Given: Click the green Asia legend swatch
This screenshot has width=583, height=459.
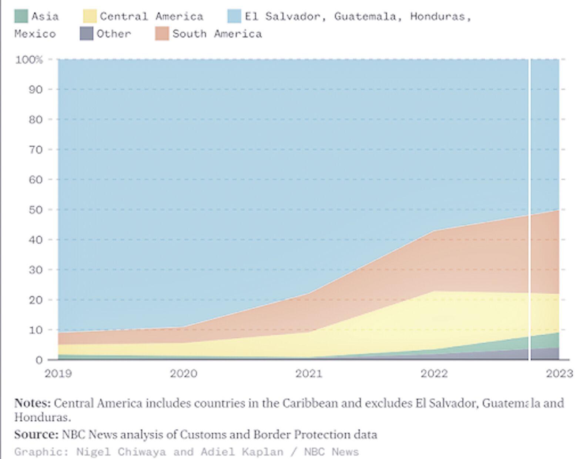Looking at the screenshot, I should coord(21,16).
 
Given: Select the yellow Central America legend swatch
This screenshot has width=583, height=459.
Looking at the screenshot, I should coord(90,16).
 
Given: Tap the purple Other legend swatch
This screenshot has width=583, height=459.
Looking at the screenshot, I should coord(86,34).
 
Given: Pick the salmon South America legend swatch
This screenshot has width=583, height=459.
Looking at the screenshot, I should coord(162,34).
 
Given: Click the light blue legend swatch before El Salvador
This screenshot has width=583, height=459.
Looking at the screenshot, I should coord(234,16).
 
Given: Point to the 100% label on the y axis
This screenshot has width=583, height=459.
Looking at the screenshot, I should coord(29,60).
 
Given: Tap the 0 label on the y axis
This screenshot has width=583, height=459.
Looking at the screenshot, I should coord(39,360).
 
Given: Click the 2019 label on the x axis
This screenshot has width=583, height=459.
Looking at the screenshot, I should coord(58,373).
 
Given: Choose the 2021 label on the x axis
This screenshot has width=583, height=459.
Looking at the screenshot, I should coord(309,373).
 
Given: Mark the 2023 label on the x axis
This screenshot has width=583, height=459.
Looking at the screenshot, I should coord(559,373).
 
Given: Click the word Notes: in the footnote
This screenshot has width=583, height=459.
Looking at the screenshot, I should coord(32,403).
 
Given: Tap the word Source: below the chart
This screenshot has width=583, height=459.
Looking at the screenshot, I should coord(36,434).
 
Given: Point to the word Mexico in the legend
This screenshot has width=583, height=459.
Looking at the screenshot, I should coord(35,34).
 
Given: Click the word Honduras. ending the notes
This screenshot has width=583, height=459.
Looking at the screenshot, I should coord(42,418).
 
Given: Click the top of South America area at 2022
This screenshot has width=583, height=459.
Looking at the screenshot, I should coord(434,231).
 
